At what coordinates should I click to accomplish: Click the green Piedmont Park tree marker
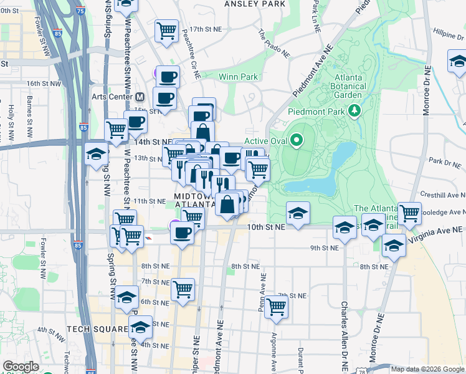click(355, 110)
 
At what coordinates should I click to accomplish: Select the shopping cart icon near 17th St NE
click(166, 29)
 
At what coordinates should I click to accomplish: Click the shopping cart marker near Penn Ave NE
click(275, 306)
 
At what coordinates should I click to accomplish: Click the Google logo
click(21, 367)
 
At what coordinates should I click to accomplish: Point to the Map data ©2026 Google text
click(427, 369)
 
